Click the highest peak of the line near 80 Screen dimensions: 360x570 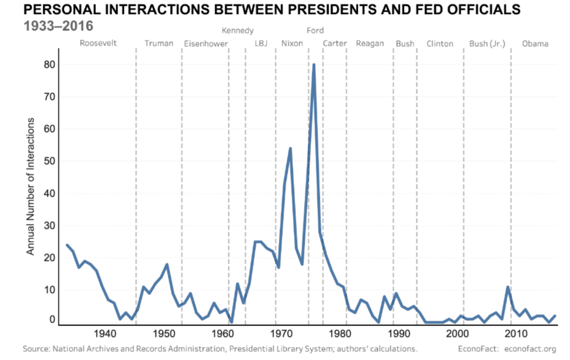click(314, 65)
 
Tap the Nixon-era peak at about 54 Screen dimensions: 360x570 click(290, 149)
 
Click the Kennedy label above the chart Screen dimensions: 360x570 click(238, 31)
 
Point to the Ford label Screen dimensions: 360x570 click(315, 31)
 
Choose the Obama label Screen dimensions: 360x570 click(535, 44)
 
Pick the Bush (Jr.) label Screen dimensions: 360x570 click(487, 44)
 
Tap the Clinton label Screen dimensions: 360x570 click(440, 44)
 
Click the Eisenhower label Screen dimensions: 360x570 click(206, 44)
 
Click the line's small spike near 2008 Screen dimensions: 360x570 click(508, 288)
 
